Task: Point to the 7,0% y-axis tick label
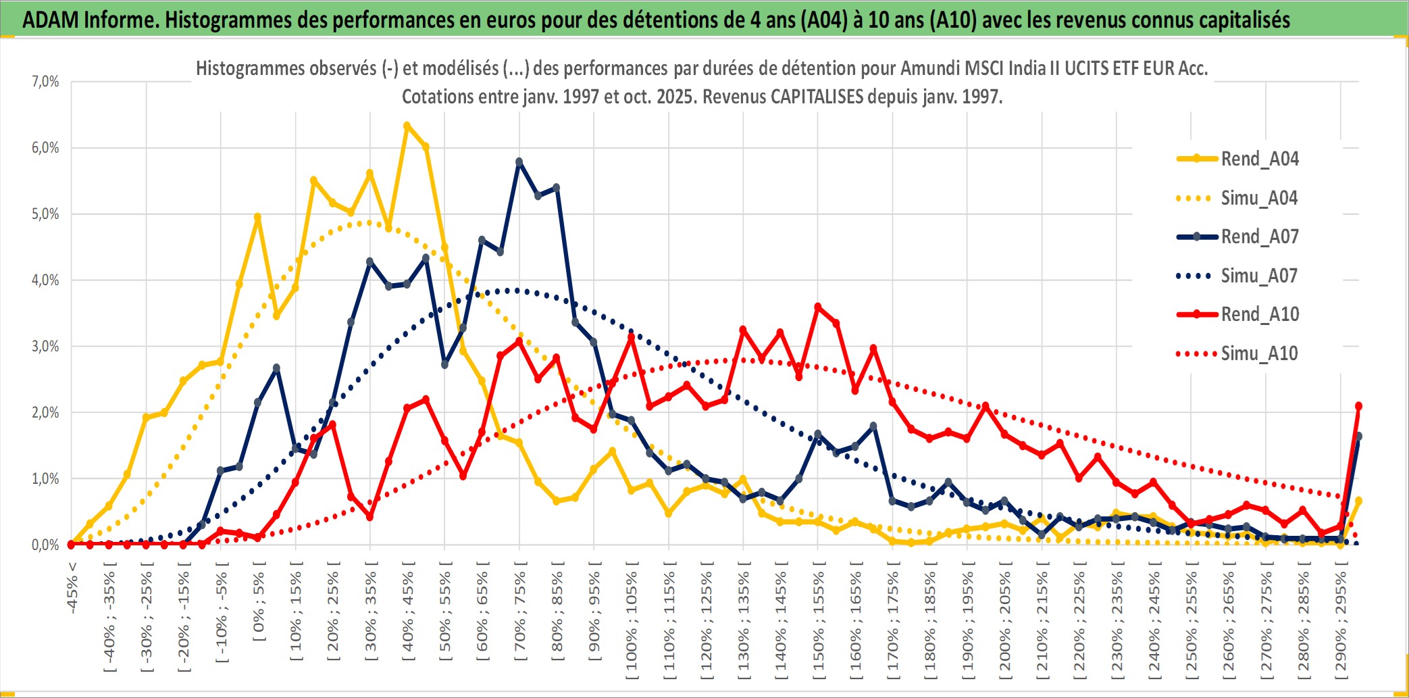(x=45, y=82)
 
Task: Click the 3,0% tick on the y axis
(x=45, y=347)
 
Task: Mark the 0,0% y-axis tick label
(x=45, y=545)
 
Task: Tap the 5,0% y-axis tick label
(x=45, y=214)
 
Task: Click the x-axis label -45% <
(x=72, y=588)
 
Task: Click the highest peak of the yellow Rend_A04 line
(x=407, y=126)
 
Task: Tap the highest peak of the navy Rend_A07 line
(x=519, y=162)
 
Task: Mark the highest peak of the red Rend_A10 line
(x=817, y=307)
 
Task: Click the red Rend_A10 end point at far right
(x=1358, y=406)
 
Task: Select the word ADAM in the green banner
(x=50, y=20)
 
